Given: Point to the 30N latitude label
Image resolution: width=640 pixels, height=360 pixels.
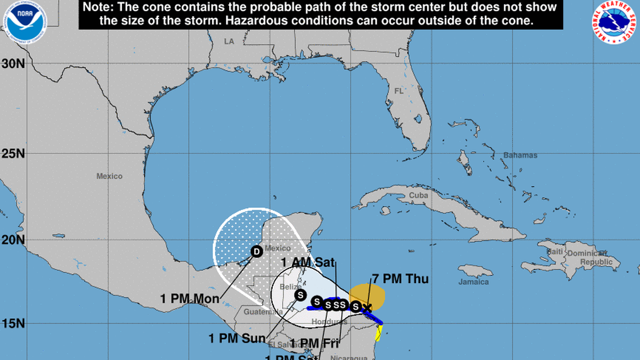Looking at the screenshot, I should [12, 63].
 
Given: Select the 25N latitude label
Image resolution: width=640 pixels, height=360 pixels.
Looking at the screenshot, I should [12, 153].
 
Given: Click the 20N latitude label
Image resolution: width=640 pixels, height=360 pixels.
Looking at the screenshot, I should [12, 240].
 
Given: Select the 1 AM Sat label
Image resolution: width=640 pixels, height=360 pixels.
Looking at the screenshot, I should [308, 262].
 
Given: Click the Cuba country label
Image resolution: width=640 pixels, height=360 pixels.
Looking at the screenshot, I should [418, 195].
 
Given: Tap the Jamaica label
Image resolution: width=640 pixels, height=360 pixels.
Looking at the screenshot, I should [473, 282].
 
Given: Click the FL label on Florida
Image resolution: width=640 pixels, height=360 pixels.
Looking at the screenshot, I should [399, 90].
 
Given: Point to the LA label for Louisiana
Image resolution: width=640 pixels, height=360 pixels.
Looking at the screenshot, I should [228, 42].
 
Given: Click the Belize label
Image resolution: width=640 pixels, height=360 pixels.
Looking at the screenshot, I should [290, 286].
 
